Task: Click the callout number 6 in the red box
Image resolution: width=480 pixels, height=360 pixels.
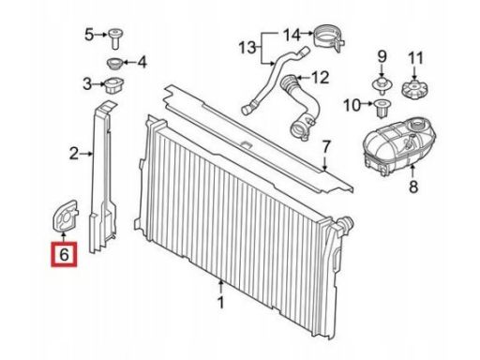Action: pyautogui.click(x=64, y=254)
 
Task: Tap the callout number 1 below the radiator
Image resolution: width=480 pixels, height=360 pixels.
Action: pyautogui.click(x=221, y=302)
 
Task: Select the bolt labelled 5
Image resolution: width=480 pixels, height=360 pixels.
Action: pyautogui.click(x=115, y=38)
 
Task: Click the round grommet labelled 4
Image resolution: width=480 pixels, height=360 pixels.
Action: pyautogui.click(x=115, y=64)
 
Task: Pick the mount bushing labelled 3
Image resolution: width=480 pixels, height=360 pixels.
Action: pyautogui.click(x=113, y=85)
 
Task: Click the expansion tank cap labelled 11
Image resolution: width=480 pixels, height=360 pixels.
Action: pyautogui.click(x=414, y=88)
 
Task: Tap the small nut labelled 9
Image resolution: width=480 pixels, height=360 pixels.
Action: pyautogui.click(x=382, y=85)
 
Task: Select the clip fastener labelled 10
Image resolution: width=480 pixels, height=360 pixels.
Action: pyautogui.click(x=382, y=108)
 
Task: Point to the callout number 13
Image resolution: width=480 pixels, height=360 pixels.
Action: pyautogui.click(x=247, y=48)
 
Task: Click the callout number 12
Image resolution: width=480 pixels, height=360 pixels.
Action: pyautogui.click(x=321, y=78)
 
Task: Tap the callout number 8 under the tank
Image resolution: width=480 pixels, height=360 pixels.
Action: pyautogui.click(x=413, y=187)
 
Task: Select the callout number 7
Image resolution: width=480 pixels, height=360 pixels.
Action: pyautogui.click(x=326, y=146)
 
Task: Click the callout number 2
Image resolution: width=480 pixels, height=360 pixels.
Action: pyautogui.click(x=74, y=154)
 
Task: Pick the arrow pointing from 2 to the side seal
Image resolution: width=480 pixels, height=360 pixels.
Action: pyautogui.click(x=86, y=154)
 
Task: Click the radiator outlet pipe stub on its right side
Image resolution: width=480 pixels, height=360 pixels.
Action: pyautogui.click(x=346, y=223)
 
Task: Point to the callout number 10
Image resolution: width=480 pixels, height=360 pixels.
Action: pyautogui.click(x=352, y=105)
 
